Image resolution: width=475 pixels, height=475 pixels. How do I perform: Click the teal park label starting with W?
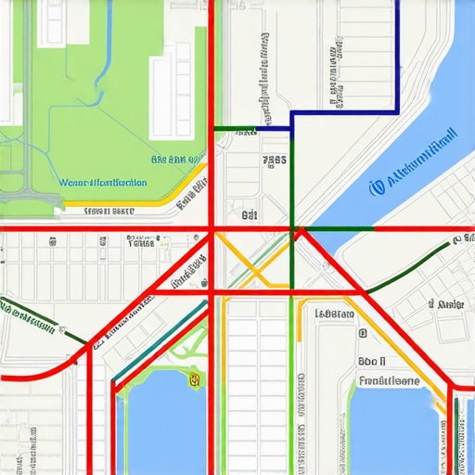(102, 183)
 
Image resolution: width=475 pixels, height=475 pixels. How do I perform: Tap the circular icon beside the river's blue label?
(376, 187)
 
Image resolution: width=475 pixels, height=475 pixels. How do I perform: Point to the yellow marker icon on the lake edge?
(195, 379)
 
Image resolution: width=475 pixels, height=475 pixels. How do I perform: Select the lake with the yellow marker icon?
(162, 422)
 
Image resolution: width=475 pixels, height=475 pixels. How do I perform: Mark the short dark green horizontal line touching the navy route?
(234, 127)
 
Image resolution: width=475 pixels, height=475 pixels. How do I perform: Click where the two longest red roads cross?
(212, 228)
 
